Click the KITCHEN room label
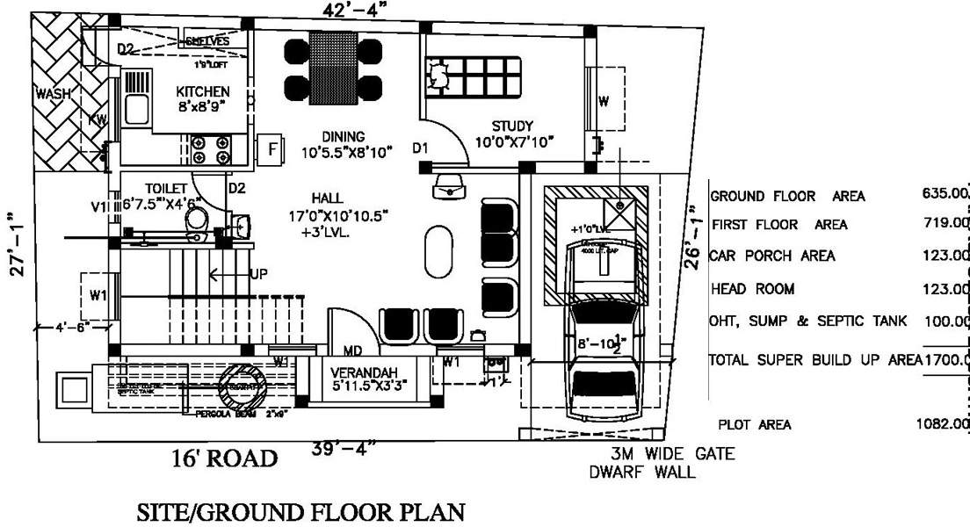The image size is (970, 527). pyautogui.click(x=203, y=91)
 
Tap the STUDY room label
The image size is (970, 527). pyautogui.click(x=505, y=125)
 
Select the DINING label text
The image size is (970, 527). pyautogui.click(x=343, y=136)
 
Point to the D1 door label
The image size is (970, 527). pyautogui.click(x=421, y=148)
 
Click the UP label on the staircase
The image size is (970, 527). pyautogui.click(x=258, y=274)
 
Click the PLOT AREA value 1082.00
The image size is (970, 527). pyautogui.click(x=941, y=424)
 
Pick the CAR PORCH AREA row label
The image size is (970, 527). pyautogui.click(x=773, y=256)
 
